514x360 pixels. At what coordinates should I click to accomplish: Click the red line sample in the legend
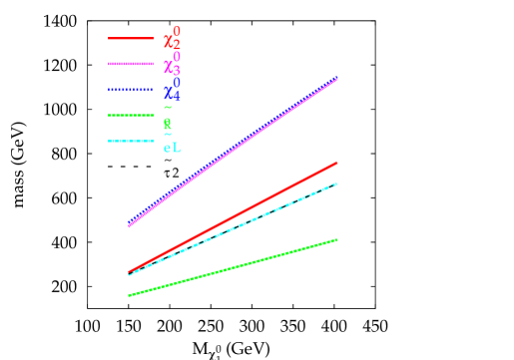pyautogui.click(x=131, y=39)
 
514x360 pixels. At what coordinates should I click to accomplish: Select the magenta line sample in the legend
pyautogui.click(x=131, y=64)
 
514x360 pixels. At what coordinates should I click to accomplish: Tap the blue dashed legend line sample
pyautogui.click(x=131, y=90)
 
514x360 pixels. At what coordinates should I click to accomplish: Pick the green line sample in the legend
pyautogui.click(x=131, y=116)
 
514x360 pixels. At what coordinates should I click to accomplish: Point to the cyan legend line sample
pyautogui.click(x=131, y=141)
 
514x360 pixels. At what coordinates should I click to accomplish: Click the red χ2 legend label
pyautogui.click(x=172, y=40)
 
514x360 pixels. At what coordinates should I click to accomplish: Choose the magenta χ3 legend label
pyautogui.click(x=172, y=66)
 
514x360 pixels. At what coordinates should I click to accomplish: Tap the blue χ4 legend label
pyautogui.click(x=172, y=92)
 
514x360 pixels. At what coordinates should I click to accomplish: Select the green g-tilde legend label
pyautogui.click(x=168, y=120)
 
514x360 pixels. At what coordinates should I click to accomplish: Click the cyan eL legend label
pyautogui.click(x=172, y=148)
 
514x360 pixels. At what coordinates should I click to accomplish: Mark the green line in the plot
pyautogui.click(x=233, y=267)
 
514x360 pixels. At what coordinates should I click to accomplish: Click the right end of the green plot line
pyautogui.click(x=337, y=239)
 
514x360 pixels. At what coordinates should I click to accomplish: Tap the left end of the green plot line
pyautogui.click(x=129, y=295)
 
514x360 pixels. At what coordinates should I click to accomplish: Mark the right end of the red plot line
pyautogui.click(x=337, y=162)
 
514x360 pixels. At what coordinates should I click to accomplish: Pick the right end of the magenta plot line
pyautogui.click(x=337, y=79)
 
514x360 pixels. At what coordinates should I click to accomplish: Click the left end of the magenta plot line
pyautogui.click(x=129, y=225)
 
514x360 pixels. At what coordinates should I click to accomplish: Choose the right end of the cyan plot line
pyautogui.click(x=337, y=183)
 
